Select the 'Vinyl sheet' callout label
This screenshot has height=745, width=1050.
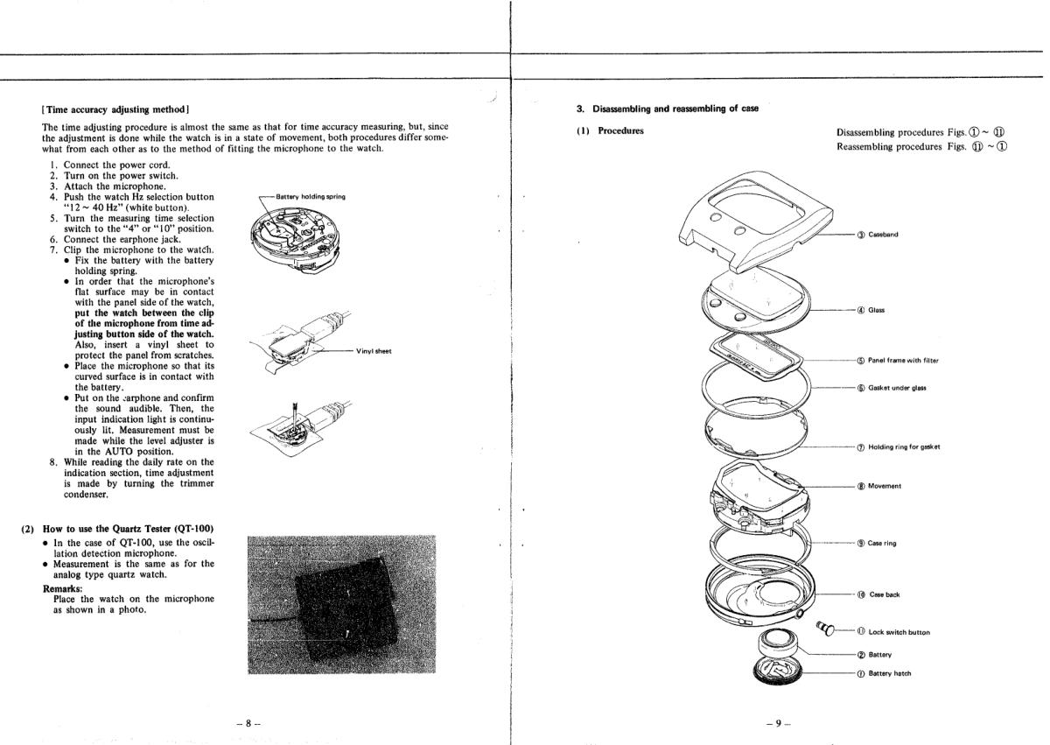(374, 351)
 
